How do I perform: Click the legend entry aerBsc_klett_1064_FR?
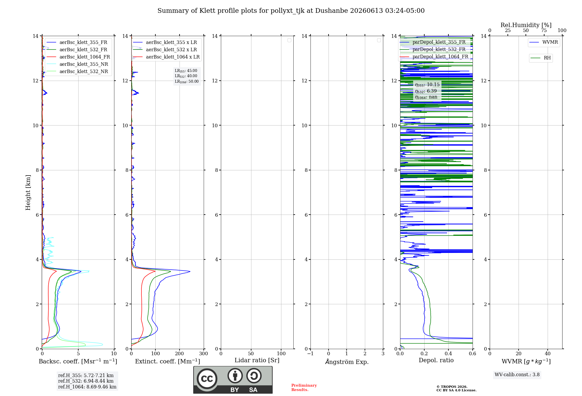click(78, 57)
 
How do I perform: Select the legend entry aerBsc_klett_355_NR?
click(77, 64)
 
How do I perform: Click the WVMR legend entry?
click(544, 42)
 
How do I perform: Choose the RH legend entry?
click(541, 58)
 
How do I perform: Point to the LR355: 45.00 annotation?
click(186, 71)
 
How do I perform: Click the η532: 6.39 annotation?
click(426, 91)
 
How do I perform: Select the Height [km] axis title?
click(28, 192)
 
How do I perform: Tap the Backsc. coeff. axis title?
click(78, 361)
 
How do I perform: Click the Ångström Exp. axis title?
click(347, 362)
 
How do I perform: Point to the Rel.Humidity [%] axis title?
click(526, 25)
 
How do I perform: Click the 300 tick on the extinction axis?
click(204, 353)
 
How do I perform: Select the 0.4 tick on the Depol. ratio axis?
click(448, 353)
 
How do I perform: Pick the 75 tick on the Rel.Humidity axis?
click(544, 30)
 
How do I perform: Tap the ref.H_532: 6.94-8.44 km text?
click(86, 381)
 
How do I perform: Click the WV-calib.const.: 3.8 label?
click(517, 375)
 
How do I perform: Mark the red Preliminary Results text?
click(304, 388)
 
